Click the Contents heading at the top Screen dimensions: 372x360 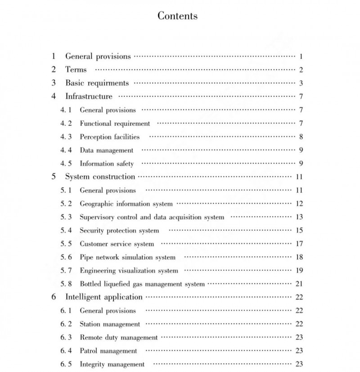pyautogui.click(x=177, y=16)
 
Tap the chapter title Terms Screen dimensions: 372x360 pyautogui.click(x=76, y=69)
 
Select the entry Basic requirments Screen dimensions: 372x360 pyautogui.click(x=97, y=83)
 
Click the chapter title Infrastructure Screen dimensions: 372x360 pyautogui.click(x=89, y=96)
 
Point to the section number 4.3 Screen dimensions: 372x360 pyautogui.click(x=66, y=136)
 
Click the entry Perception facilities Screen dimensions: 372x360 pyautogui.click(x=109, y=136)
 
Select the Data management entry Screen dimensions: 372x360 pyautogui.click(x=106, y=150)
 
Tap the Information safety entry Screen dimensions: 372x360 pyautogui.click(x=107, y=163)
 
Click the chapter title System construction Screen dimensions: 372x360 pyautogui.click(x=100, y=177)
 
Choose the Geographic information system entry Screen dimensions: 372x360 pyautogui.click(x=126, y=204)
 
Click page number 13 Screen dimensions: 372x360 pyautogui.click(x=299, y=217)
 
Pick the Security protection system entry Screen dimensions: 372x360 pyautogui.click(x=119, y=231)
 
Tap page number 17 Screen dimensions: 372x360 pyautogui.click(x=299, y=244)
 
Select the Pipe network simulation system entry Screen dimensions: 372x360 pyautogui.click(x=127, y=257)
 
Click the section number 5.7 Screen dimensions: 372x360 pyautogui.click(x=66, y=271)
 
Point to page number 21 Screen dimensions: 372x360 pyautogui.click(x=299, y=284)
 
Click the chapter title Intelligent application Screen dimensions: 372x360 pyautogui.click(x=103, y=297)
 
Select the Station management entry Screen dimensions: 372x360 pyautogui.click(x=110, y=324)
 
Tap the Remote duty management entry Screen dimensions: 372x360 pyautogui.click(x=118, y=337)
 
